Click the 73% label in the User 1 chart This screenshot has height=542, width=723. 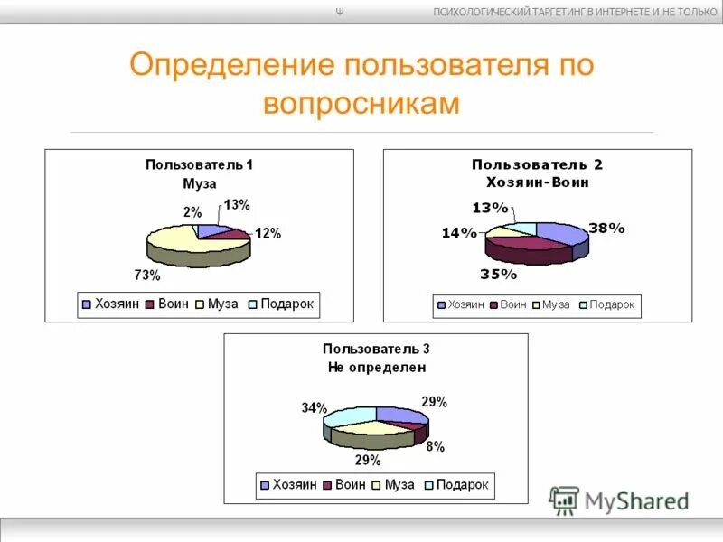(147, 275)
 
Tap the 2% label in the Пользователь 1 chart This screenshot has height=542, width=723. (192, 211)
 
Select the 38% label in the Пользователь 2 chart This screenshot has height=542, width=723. (606, 229)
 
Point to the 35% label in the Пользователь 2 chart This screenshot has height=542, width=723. (499, 274)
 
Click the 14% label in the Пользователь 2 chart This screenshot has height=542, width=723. (458, 233)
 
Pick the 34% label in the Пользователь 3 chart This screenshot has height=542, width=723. (315, 408)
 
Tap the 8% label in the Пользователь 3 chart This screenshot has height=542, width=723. (435, 446)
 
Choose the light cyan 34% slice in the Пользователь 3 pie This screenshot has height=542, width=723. (350, 416)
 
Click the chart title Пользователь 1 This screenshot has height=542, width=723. (199, 164)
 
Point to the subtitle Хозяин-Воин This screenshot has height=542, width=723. (537, 182)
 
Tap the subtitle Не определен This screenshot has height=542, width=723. (376, 368)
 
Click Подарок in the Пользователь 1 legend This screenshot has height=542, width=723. (286, 304)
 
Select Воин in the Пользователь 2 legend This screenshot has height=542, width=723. (512, 305)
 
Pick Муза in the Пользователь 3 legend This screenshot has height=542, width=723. (399, 485)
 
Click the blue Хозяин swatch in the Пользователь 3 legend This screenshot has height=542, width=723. (265, 486)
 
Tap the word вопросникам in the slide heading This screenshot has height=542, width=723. (361, 103)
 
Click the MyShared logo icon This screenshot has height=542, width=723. (564, 500)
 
